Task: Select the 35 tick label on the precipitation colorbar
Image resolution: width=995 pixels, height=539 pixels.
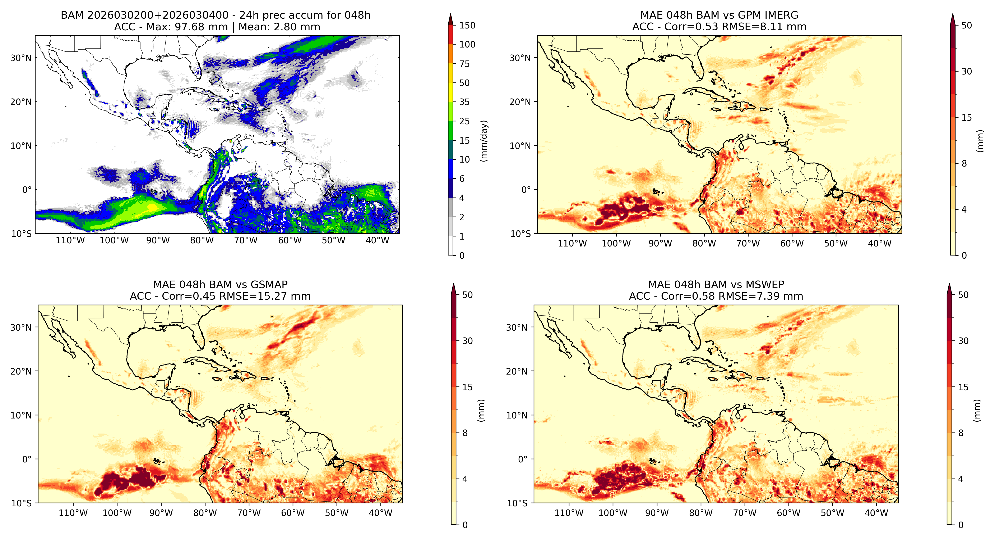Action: point(464,102)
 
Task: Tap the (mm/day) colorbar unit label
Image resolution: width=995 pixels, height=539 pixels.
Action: point(483,141)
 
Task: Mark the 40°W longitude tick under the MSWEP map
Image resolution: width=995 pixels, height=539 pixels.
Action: point(876,513)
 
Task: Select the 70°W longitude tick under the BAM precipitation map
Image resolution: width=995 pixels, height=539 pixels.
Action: point(246,240)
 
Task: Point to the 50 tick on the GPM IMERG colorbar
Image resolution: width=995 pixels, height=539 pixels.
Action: point(966,26)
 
